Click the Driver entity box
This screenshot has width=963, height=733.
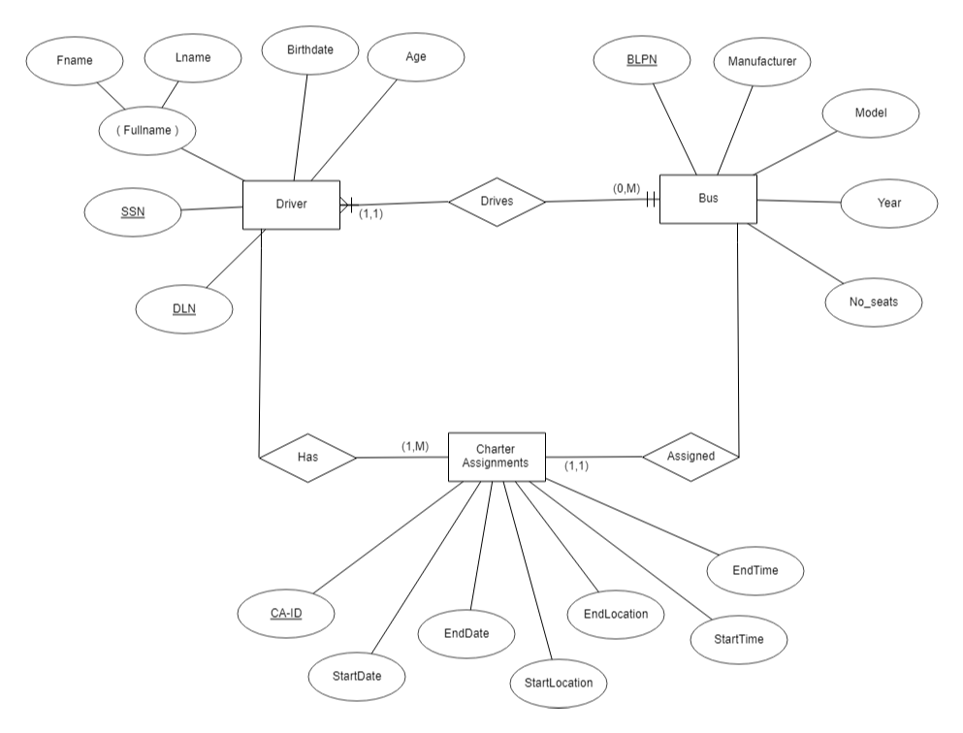click(291, 206)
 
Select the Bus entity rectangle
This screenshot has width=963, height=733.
click(708, 199)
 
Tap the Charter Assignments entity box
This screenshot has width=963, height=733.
click(497, 456)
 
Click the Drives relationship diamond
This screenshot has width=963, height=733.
click(497, 202)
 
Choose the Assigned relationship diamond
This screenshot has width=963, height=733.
click(691, 455)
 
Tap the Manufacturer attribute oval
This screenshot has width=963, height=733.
click(762, 61)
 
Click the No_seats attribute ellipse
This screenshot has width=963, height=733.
click(874, 303)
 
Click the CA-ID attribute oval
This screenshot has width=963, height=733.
click(287, 612)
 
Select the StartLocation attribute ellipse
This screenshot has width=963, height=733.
click(559, 683)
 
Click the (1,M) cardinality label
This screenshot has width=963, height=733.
click(415, 445)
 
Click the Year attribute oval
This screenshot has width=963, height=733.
click(888, 203)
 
